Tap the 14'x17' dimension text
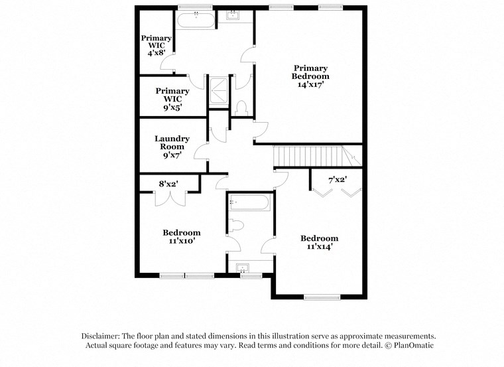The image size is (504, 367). [310, 85]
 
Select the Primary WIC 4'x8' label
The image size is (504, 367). [156, 44]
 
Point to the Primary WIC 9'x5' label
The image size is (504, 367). [168, 98]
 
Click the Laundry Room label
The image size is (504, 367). [172, 147]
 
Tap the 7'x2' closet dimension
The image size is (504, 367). [337, 180]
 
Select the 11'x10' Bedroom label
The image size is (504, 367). [181, 237]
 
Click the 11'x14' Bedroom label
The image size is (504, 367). [319, 242]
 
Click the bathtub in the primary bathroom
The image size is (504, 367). [196, 20]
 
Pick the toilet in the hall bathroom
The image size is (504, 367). [236, 227]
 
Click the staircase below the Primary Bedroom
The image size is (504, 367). [311, 157]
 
